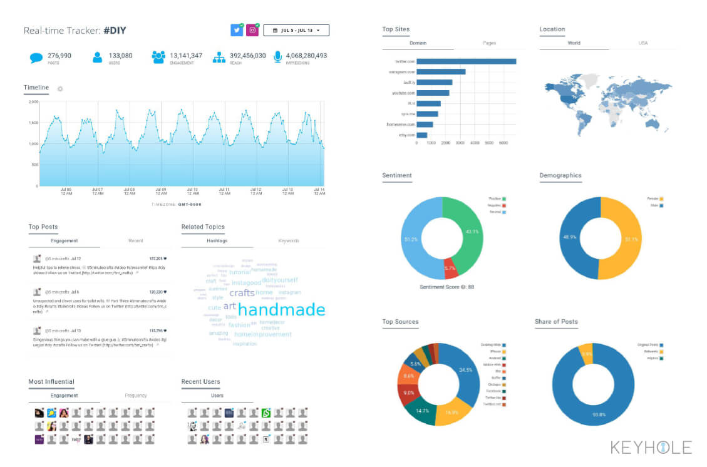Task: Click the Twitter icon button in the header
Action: coord(236,30)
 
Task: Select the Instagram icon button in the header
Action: coord(252,30)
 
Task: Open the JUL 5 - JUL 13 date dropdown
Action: coord(296,30)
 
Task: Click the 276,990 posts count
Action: coord(59,56)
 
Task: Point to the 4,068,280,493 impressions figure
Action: coord(306,56)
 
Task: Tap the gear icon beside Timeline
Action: coord(60,89)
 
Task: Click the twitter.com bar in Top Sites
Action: coord(466,61)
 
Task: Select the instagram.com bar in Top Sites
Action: coord(441,72)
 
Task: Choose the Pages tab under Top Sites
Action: coord(489,43)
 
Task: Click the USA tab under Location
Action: coord(642,43)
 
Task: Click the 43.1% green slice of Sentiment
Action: coord(469,232)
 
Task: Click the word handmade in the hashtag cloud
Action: coord(281,310)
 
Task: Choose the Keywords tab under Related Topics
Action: coord(288,240)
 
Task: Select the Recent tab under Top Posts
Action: coord(135,240)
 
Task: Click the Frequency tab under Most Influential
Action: coord(135,395)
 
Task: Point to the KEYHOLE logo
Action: coord(651,447)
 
